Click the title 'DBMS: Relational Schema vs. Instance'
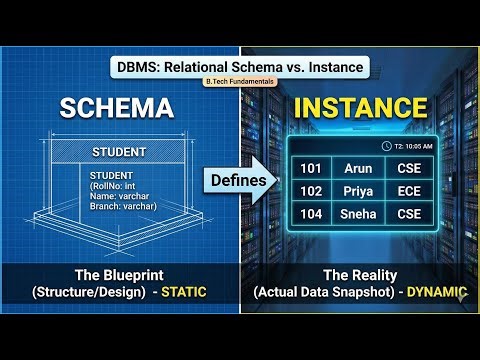coord(239,67)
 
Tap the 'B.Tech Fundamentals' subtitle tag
coord(239,82)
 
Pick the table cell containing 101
coord(310,168)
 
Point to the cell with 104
coord(310,214)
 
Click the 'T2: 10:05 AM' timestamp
coord(405,145)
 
